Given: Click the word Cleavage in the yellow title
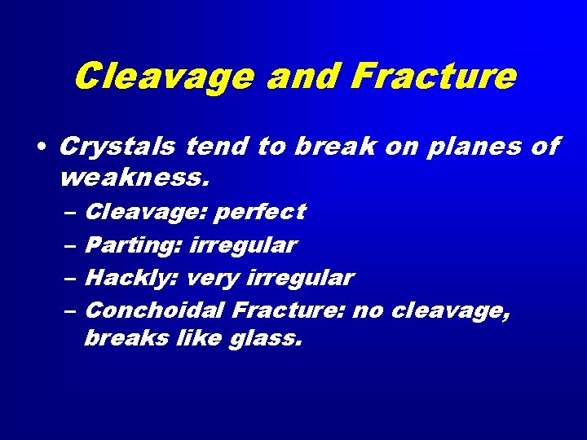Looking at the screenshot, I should pos(163,77).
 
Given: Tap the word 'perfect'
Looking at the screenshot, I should pos(260,212).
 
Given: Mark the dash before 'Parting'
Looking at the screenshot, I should pos(68,245).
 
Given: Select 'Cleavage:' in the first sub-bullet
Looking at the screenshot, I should pos(143,212).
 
